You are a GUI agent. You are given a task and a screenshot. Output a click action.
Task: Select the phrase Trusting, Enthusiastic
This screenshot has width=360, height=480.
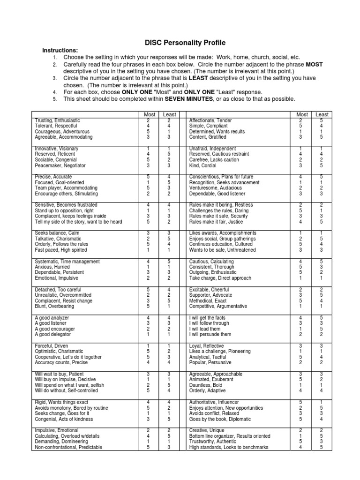tap(58, 120)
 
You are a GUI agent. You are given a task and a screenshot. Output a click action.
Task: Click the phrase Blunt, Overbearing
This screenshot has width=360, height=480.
tap(54, 306)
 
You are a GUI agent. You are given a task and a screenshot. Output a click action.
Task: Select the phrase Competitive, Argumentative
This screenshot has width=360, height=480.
tap(217, 306)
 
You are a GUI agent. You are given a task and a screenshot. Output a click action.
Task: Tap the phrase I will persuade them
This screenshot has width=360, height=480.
tap(210, 334)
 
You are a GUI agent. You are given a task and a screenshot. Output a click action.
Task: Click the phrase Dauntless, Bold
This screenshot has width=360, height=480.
tap(206, 385)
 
